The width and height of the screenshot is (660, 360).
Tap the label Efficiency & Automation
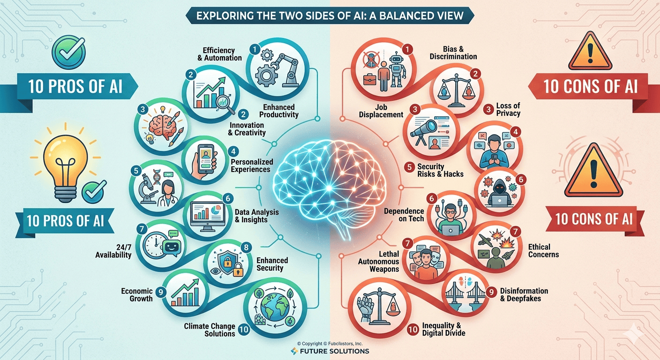click(x=219, y=54)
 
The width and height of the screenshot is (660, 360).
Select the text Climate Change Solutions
click(x=210, y=330)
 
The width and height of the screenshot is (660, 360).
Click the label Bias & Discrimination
click(x=453, y=52)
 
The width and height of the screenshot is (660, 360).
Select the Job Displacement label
click(x=381, y=111)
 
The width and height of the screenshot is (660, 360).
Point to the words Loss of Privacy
click(x=508, y=109)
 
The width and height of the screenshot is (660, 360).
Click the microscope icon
click(x=146, y=188)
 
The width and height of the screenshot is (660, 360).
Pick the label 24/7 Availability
click(x=113, y=251)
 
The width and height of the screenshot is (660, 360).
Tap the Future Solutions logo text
click(x=334, y=351)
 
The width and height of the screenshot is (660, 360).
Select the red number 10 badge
click(x=413, y=330)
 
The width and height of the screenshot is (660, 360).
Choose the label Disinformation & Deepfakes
click(x=524, y=294)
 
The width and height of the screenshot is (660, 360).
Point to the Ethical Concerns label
click(x=543, y=251)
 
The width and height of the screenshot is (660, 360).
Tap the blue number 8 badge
click(x=246, y=247)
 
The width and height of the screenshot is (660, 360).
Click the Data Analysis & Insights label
click(x=256, y=216)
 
